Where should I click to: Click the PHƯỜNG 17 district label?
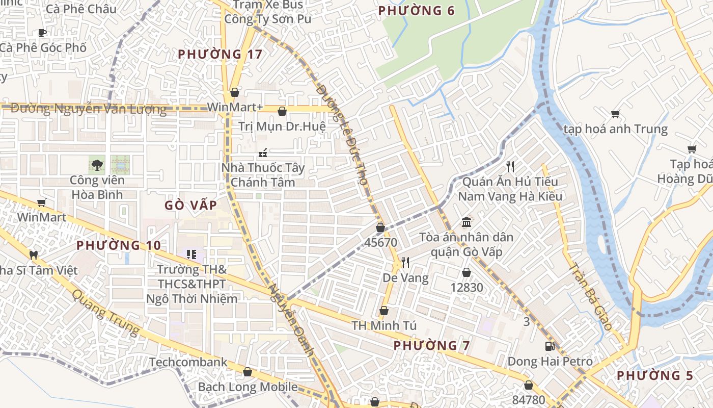click(x=220, y=54)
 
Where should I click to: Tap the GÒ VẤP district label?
click(x=191, y=205)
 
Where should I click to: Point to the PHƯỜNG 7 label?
click(x=432, y=345)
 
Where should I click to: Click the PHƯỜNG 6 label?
click(x=417, y=11)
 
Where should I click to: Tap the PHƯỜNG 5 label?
click(x=655, y=375)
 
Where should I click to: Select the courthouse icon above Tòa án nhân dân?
click(x=466, y=222)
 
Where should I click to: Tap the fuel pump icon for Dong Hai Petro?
click(x=550, y=346)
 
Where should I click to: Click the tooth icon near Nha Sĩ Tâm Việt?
click(x=34, y=254)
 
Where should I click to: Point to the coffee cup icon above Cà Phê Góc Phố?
click(x=42, y=33)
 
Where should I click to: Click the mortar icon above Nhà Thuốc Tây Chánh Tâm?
click(x=263, y=152)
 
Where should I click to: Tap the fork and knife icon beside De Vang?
click(x=405, y=263)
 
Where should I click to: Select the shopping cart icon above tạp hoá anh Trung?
click(x=615, y=114)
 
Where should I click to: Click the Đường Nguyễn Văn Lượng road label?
click(x=89, y=109)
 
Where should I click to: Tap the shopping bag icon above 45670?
click(x=380, y=227)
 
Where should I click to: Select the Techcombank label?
click(x=188, y=362)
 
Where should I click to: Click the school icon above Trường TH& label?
click(x=191, y=254)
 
